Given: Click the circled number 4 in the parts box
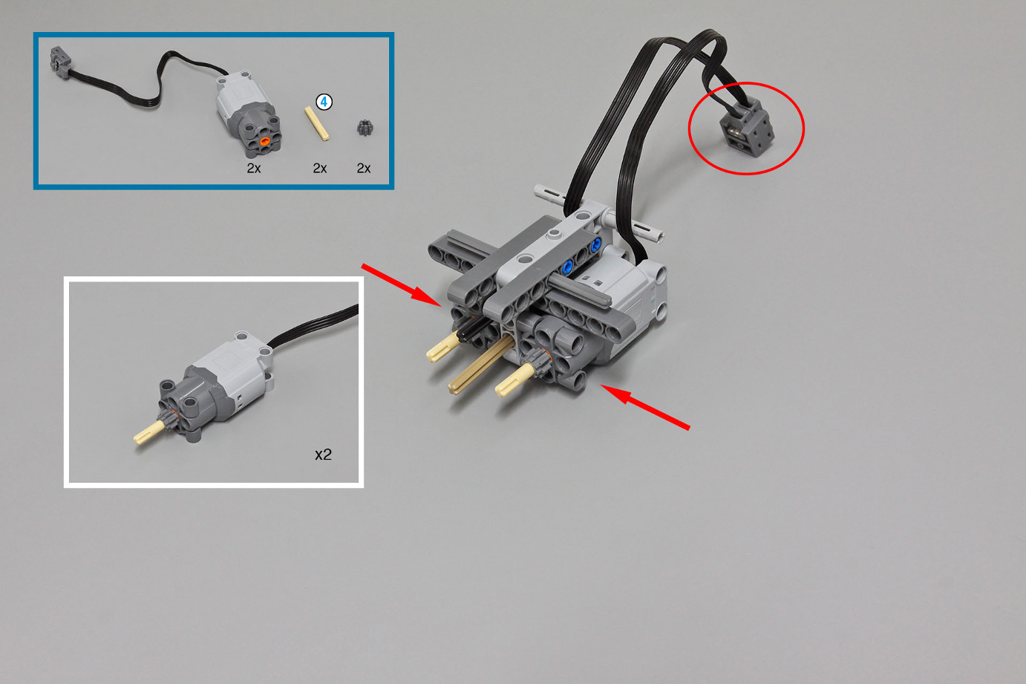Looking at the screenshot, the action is coord(324,102).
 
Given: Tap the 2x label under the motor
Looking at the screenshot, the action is coord(254,168).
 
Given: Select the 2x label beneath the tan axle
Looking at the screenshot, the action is coord(320,168).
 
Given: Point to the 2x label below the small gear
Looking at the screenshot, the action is coord(364,168).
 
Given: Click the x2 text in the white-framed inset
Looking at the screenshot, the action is coord(323,455).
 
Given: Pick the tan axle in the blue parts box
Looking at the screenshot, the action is coord(317,123).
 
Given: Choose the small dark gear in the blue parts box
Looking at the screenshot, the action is coord(365,128).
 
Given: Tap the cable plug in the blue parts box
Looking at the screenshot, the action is coord(60,60).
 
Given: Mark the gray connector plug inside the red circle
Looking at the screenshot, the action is coord(748,129).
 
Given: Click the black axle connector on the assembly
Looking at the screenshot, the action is coord(471,329).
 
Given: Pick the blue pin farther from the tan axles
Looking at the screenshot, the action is coord(595,244).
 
